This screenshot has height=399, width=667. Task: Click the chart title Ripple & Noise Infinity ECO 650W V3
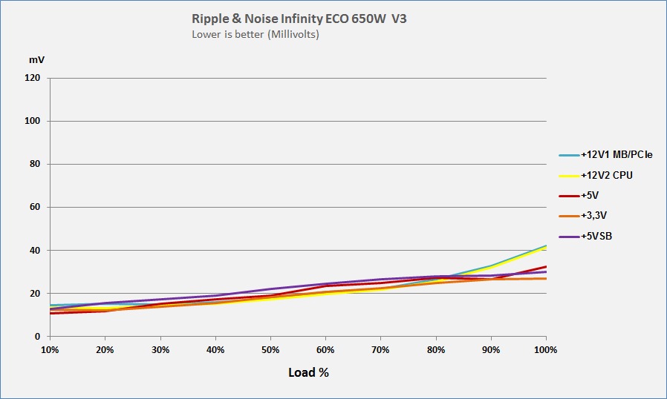pos(299,19)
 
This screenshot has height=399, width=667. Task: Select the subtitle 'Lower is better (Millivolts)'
pos(256,34)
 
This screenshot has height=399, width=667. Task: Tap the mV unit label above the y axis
pos(36,59)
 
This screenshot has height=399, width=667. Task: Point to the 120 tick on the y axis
pos(33,78)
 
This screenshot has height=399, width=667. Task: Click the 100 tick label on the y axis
pos(33,121)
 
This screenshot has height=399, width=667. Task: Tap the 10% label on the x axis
pos(50,349)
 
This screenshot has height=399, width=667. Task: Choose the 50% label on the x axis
pos(270,349)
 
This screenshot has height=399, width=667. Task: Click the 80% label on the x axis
pos(436,349)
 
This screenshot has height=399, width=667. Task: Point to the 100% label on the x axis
pos(545,349)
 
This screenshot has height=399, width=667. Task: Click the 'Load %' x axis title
pos(308,372)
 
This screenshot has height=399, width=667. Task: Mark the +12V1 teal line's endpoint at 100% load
pos(546,245)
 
